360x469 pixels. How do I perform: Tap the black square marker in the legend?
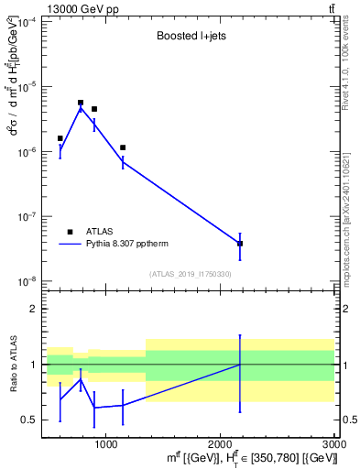[70, 232]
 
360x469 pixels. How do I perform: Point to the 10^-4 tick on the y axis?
[28, 21]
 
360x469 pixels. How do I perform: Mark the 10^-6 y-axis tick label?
[28, 152]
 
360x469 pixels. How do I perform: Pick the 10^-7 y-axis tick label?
[28, 217]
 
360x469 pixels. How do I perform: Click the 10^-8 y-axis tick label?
[28, 282]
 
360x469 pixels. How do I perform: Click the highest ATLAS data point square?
[81, 103]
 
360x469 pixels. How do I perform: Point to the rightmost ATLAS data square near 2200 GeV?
[240, 244]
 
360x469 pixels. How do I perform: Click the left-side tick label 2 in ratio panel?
[32, 309]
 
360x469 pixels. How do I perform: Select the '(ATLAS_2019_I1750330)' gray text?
[191, 274]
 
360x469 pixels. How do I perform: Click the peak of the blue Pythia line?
[81, 108]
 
